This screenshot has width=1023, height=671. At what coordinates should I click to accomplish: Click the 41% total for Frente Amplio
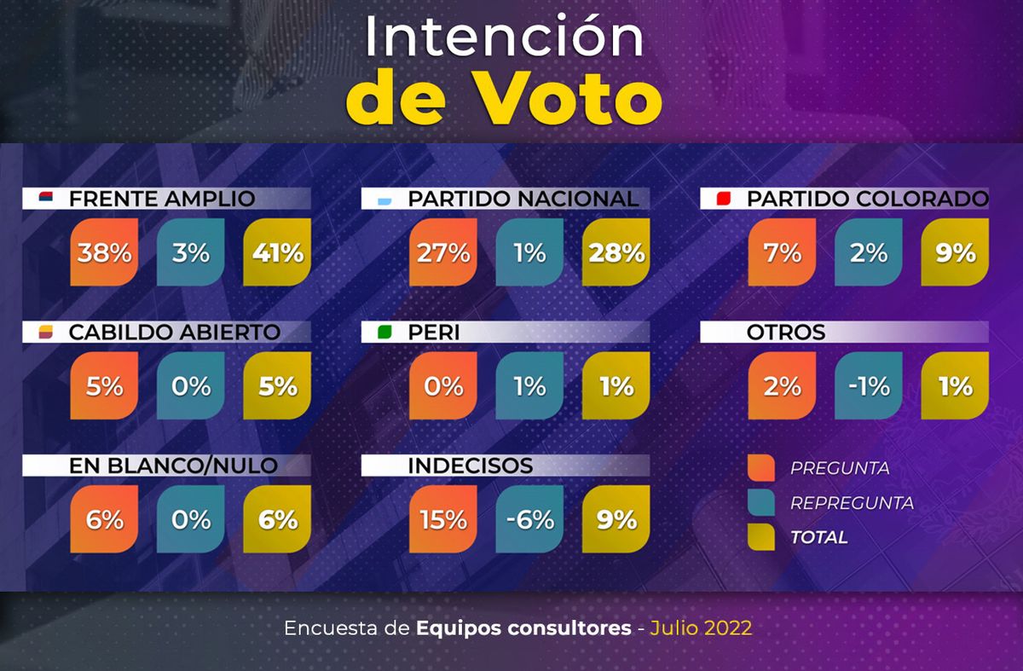(x=277, y=252)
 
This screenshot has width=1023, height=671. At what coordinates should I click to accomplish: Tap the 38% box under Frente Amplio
(x=104, y=252)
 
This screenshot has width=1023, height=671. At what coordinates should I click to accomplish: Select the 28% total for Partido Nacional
(x=616, y=252)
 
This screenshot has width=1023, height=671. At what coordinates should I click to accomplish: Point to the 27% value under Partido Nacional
(x=442, y=252)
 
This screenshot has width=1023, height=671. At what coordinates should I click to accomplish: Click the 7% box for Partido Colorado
(x=782, y=252)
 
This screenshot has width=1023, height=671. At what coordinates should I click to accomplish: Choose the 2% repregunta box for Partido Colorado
(x=869, y=252)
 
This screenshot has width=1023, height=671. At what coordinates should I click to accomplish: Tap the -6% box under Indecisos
(x=529, y=519)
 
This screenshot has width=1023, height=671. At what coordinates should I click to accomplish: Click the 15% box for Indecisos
(x=442, y=519)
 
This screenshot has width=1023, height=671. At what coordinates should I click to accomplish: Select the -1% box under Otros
(x=869, y=386)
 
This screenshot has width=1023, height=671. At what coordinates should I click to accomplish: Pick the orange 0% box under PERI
(x=442, y=386)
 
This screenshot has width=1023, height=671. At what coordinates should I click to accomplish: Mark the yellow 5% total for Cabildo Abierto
(x=277, y=386)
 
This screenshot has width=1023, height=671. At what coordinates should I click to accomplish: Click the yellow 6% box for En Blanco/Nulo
(x=277, y=519)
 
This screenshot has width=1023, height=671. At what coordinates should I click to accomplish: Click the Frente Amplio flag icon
(x=46, y=200)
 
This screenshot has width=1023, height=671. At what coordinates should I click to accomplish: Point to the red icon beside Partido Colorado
(x=725, y=200)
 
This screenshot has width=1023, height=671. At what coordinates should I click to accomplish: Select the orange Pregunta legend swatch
(x=760, y=468)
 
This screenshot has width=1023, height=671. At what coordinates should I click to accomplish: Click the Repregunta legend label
(x=852, y=503)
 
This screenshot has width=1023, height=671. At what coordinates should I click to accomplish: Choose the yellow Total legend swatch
(x=760, y=537)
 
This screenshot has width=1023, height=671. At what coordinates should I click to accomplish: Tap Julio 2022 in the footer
(x=701, y=628)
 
